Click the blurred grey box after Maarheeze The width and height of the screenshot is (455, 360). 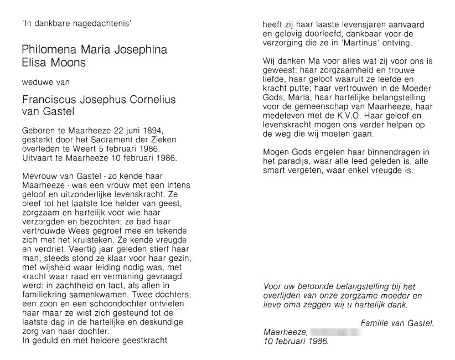coord(336,332)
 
